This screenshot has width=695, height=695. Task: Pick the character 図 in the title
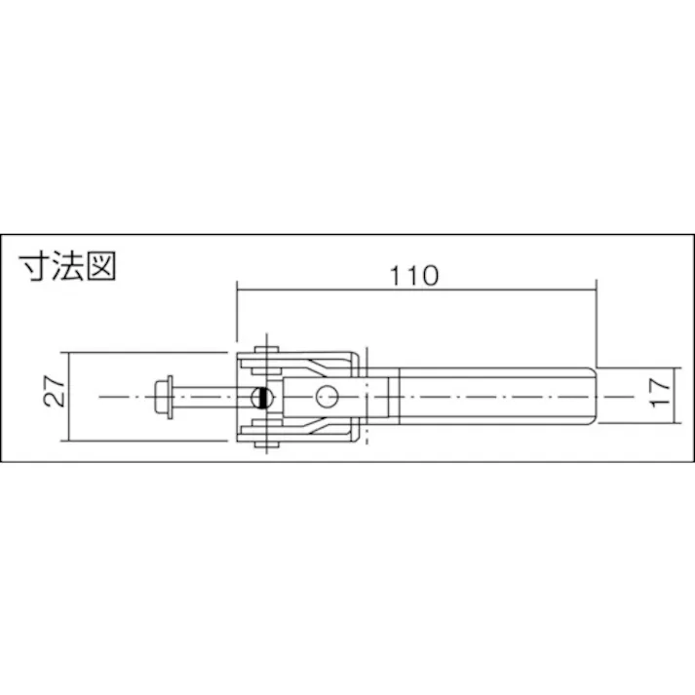(x=101, y=267)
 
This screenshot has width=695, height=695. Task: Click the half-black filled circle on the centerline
(x=259, y=397)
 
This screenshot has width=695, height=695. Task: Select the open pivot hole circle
(x=327, y=397)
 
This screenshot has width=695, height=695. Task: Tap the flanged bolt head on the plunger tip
(x=167, y=397)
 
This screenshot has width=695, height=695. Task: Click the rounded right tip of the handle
(x=591, y=397)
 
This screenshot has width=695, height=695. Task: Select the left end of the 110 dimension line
(x=237, y=289)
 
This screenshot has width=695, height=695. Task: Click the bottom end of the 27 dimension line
(x=66, y=442)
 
